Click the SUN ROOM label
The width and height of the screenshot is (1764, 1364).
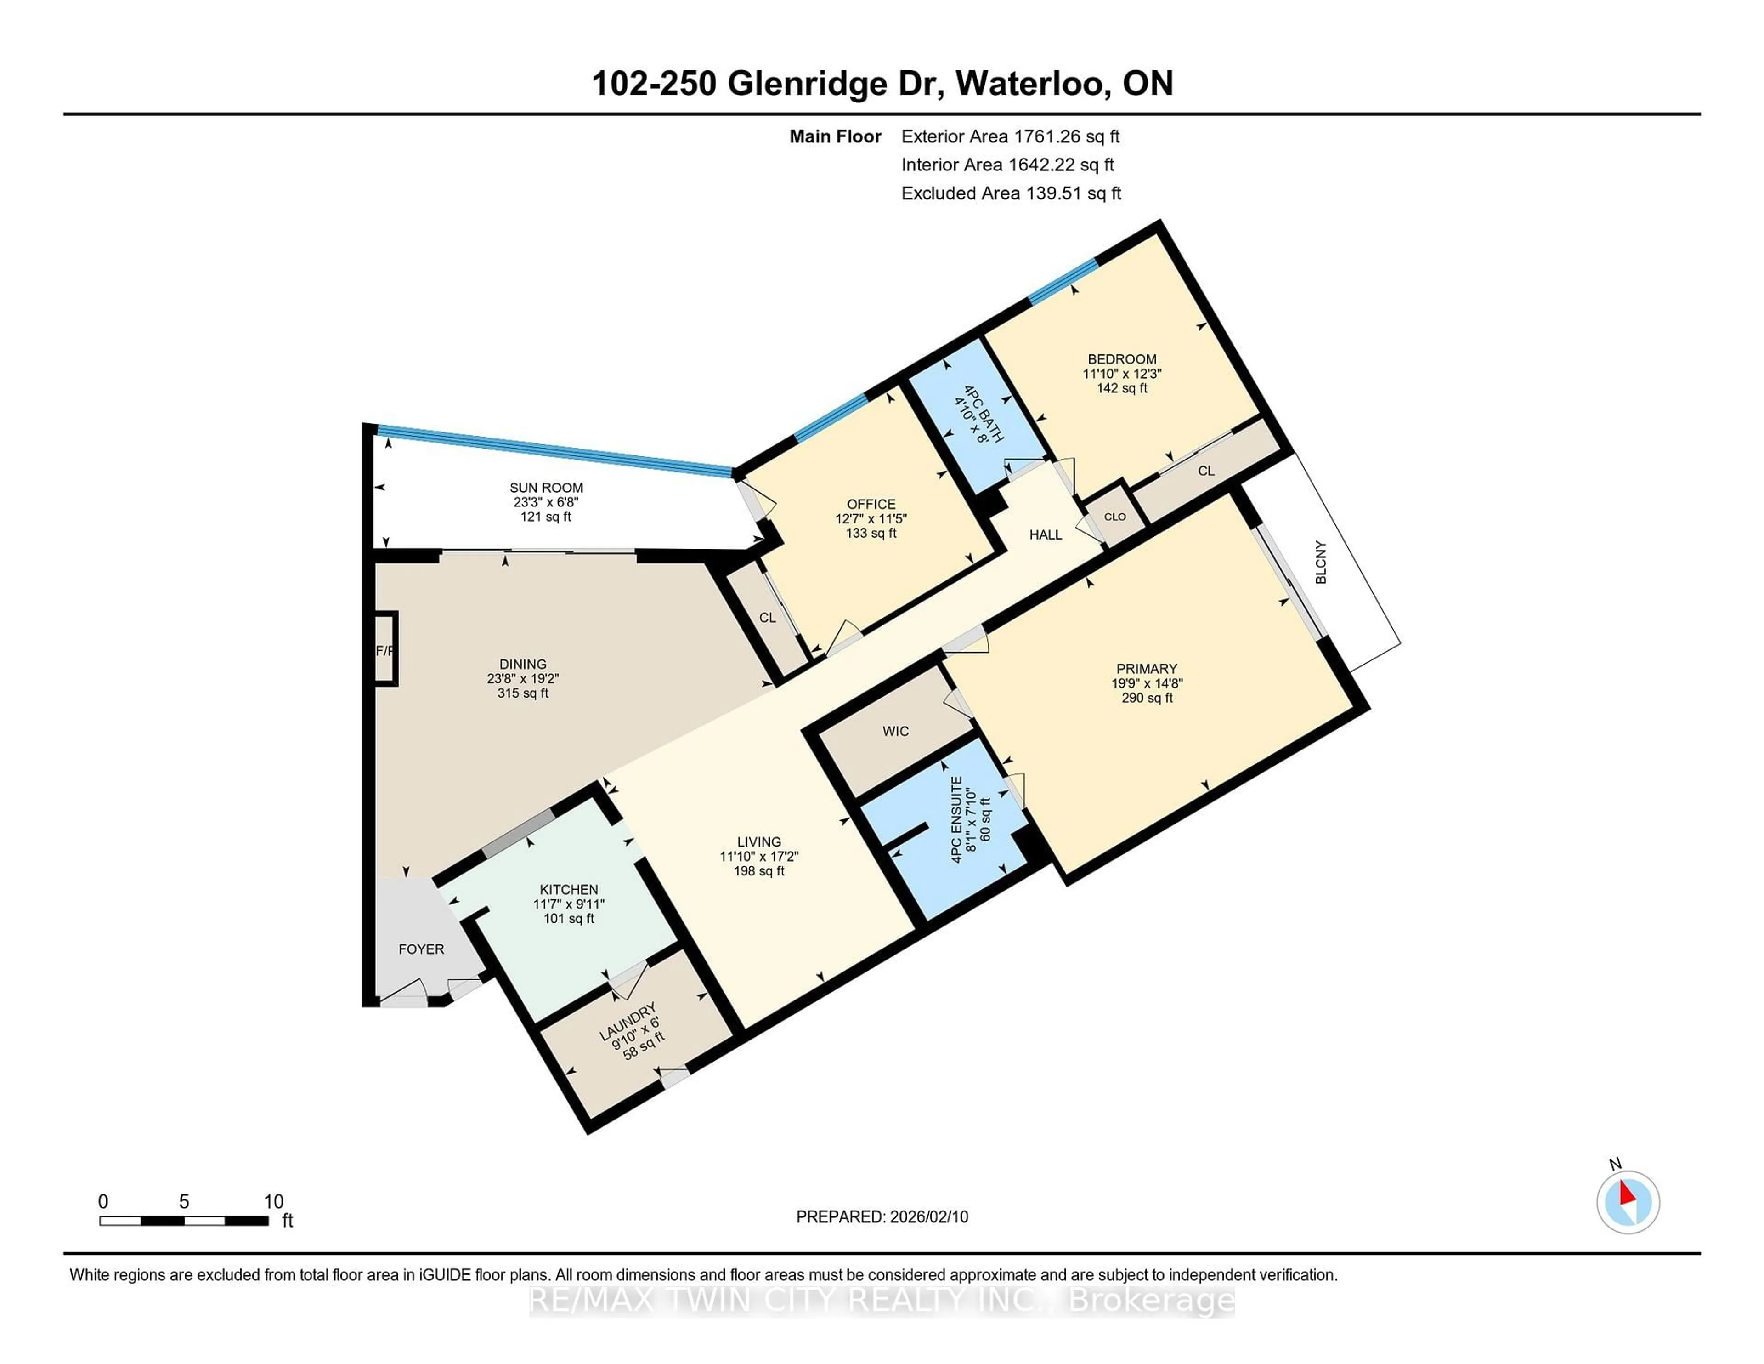coord(546,487)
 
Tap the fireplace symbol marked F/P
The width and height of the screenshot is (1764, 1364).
coord(385,650)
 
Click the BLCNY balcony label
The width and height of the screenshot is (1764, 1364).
coord(1321,562)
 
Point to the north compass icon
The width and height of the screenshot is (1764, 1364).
coord(1628,1202)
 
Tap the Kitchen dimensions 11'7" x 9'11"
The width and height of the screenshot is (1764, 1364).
coord(569,904)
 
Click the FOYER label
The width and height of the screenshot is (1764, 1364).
coord(421,949)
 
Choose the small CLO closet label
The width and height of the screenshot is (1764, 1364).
coord(1114,517)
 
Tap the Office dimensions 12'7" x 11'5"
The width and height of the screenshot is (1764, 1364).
coord(871,519)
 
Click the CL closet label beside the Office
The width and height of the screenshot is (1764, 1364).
coord(767,617)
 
